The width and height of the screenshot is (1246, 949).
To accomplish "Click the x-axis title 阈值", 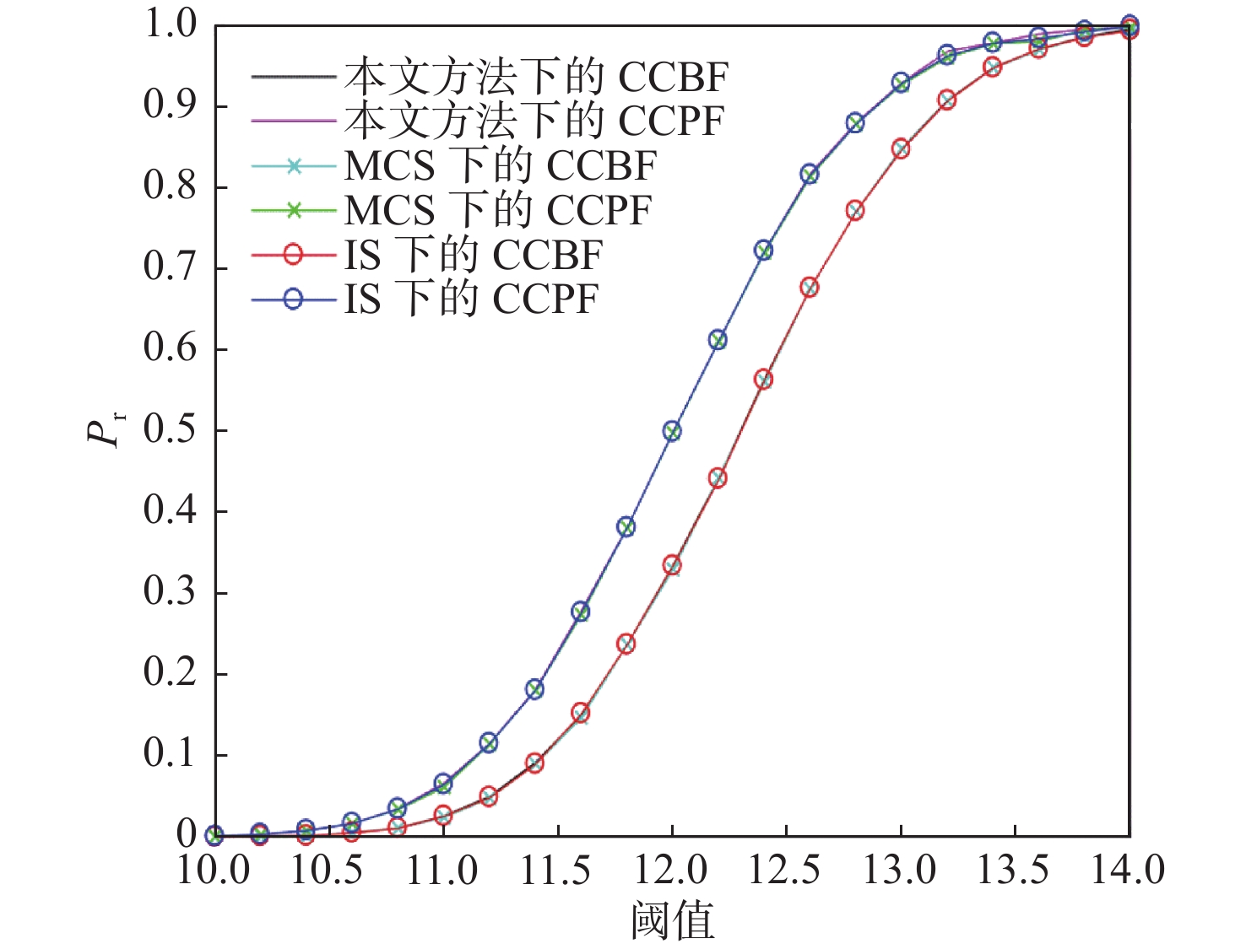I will click(672, 920).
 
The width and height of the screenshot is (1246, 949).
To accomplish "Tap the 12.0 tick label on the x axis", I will click(672, 870).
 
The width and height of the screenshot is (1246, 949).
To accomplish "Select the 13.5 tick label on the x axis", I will click(1014, 870).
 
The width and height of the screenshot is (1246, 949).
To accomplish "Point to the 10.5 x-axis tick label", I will click(328, 870).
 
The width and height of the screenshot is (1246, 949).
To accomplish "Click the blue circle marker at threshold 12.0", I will click(672, 431).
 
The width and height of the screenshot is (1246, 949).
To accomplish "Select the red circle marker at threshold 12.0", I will click(672, 565).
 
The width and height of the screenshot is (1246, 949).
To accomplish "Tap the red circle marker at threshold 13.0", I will click(901, 149).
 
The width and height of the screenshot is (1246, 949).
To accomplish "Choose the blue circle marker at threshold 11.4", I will click(534, 689).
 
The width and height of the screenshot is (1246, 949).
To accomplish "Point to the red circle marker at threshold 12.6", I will click(810, 288).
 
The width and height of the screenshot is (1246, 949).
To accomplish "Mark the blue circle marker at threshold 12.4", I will click(763, 251).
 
